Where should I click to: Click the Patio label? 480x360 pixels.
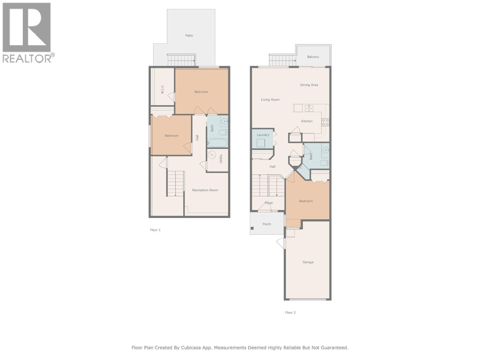coord(189,35)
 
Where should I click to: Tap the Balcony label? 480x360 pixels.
coord(313,57)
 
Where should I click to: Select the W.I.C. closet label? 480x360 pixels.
coord(162,89)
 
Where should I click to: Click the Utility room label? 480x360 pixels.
coord(221,159)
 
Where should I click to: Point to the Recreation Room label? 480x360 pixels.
coord(205,190)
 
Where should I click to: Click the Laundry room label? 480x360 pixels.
coord(263,135)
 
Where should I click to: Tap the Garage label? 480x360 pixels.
coord(308,262)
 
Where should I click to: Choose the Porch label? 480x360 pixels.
coord(267,224)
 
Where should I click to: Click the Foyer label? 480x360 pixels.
coord(269,203)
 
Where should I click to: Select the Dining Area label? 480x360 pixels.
coord(309,85)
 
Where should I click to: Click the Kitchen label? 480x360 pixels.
coord(307,121)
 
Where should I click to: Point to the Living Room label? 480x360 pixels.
coord(270,100)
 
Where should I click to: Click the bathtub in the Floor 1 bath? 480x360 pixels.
coord(217,143)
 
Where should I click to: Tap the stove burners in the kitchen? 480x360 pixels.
coord(325,122)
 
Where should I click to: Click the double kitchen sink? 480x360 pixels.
coord(309,108)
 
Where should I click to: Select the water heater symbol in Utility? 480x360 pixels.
coord(212,155)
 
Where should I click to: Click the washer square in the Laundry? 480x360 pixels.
coord(261,143)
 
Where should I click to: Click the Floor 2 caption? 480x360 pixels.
coord(290,313)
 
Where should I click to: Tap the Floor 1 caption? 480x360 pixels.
coord(155,230)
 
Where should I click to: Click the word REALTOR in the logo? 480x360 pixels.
coord(27,58)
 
